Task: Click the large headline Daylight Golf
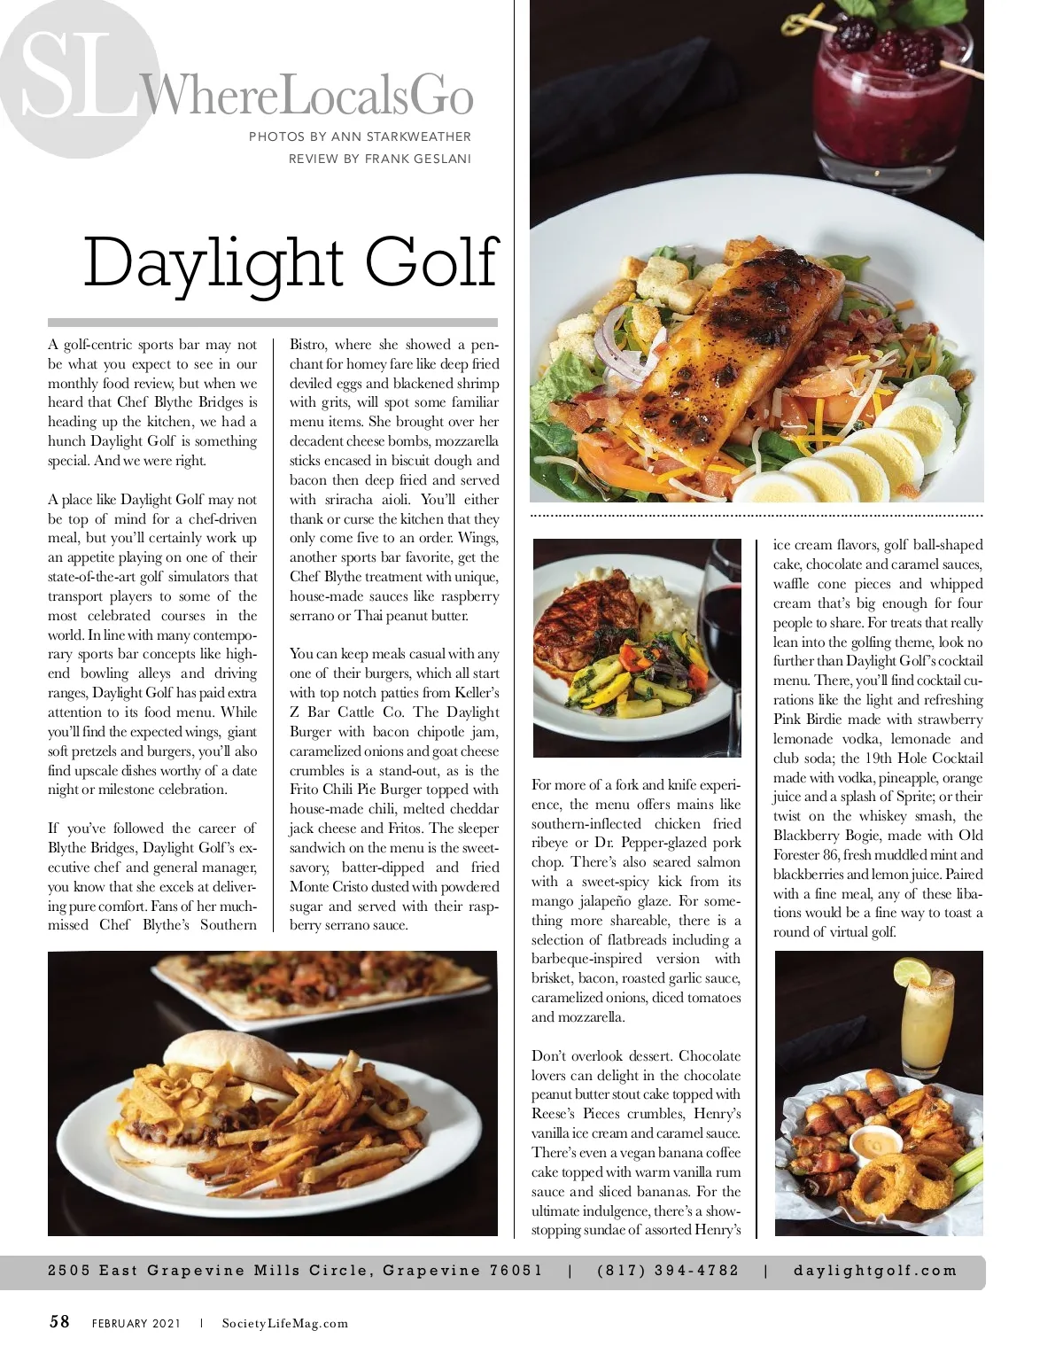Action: click(291, 263)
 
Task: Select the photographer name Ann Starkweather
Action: click(400, 136)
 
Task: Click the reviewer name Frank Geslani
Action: click(418, 160)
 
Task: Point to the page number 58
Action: click(59, 1322)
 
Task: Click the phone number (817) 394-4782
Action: click(668, 1270)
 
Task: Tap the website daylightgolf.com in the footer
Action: click(875, 1270)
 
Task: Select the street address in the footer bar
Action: click(295, 1270)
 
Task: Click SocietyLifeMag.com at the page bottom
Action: click(285, 1324)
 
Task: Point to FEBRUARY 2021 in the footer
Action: click(136, 1324)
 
